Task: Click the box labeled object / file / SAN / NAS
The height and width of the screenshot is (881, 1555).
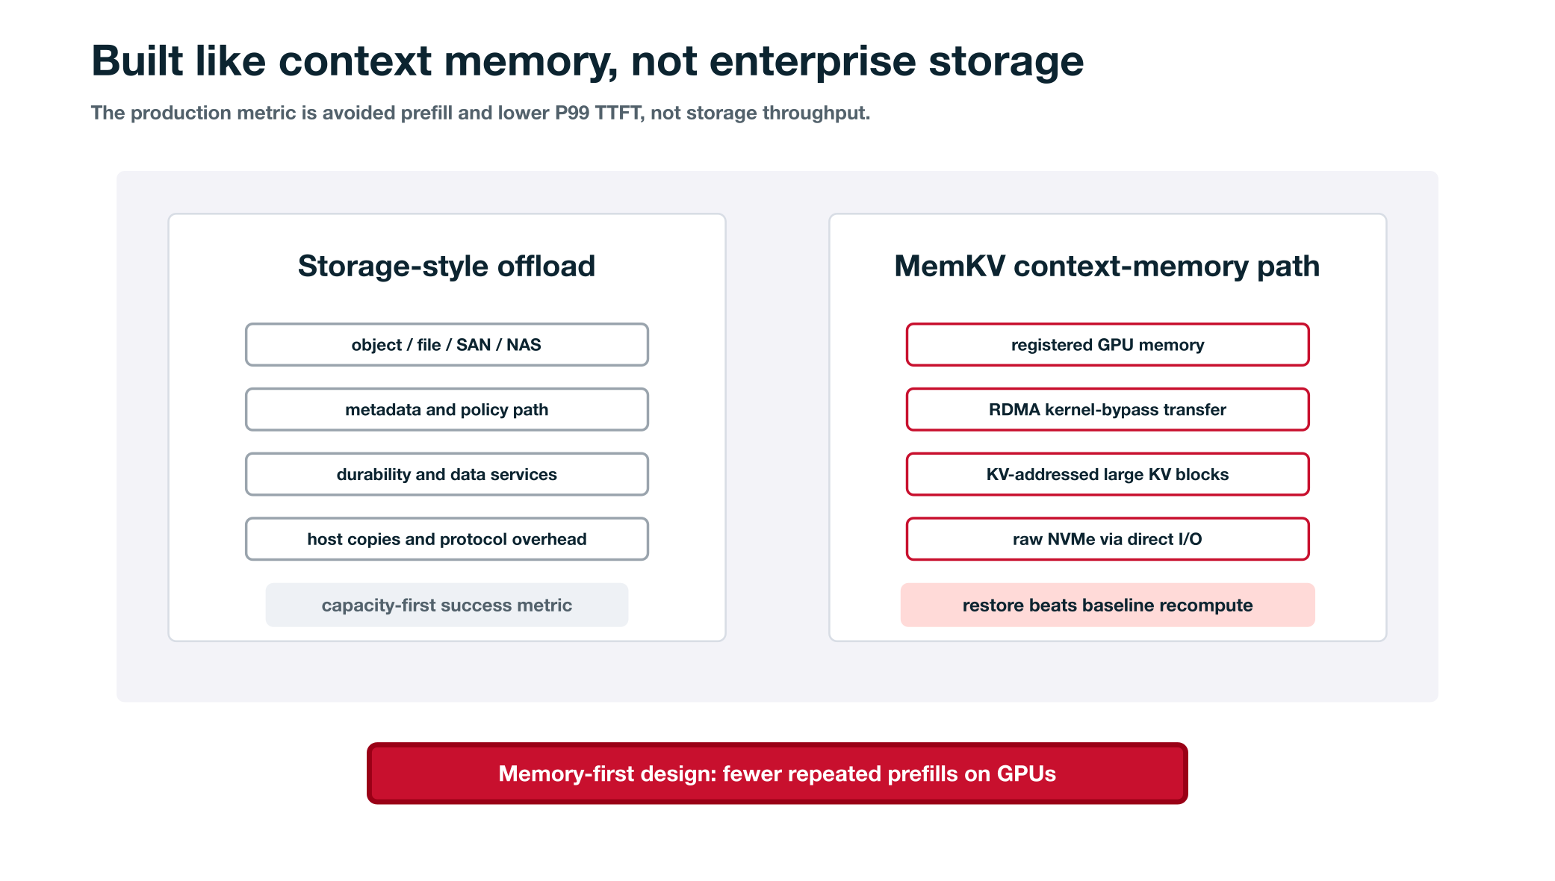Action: [447, 344]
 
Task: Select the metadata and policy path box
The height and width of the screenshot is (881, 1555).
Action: [447, 409]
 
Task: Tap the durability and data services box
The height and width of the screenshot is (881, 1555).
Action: [447, 474]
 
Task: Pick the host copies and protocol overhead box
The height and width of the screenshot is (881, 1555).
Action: [447, 539]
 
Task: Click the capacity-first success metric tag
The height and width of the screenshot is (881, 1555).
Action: [447, 605]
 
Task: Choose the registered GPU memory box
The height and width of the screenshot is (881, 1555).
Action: [1108, 344]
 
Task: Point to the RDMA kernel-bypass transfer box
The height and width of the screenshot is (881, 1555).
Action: [1108, 409]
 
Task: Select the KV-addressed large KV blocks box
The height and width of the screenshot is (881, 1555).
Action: [1108, 474]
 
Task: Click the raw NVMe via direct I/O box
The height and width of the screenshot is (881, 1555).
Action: [1108, 539]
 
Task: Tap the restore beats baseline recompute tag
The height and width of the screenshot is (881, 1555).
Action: [1108, 605]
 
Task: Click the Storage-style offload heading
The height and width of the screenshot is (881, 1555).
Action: [447, 266]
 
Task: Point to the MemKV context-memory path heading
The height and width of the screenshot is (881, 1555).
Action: [1107, 266]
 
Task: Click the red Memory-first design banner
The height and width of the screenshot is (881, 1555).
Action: [777, 773]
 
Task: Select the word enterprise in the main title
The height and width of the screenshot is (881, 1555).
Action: [813, 61]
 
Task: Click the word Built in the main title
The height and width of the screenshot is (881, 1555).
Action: [137, 60]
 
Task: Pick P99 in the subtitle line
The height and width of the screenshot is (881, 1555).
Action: [572, 113]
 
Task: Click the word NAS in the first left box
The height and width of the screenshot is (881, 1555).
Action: [524, 345]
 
